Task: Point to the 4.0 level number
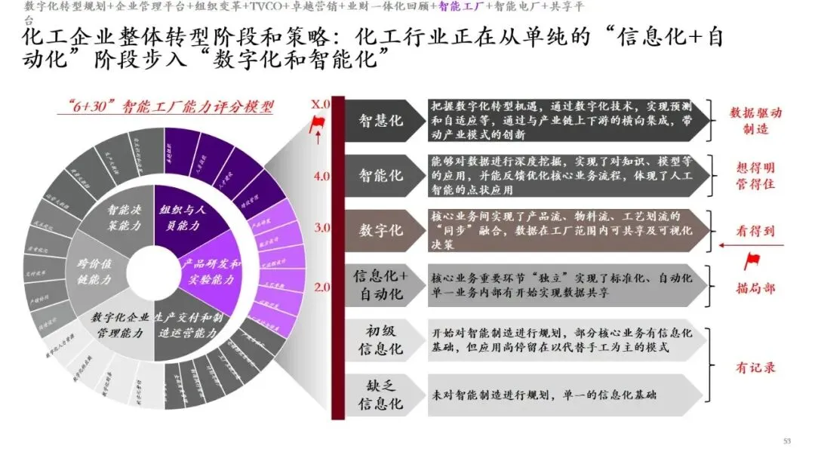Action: tap(321, 177)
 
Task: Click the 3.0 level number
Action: tap(321, 227)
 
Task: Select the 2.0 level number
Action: tap(321, 287)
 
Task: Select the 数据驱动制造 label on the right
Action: tap(755, 121)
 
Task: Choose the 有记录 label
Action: tap(755, 367)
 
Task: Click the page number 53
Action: tap(788, 441)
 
